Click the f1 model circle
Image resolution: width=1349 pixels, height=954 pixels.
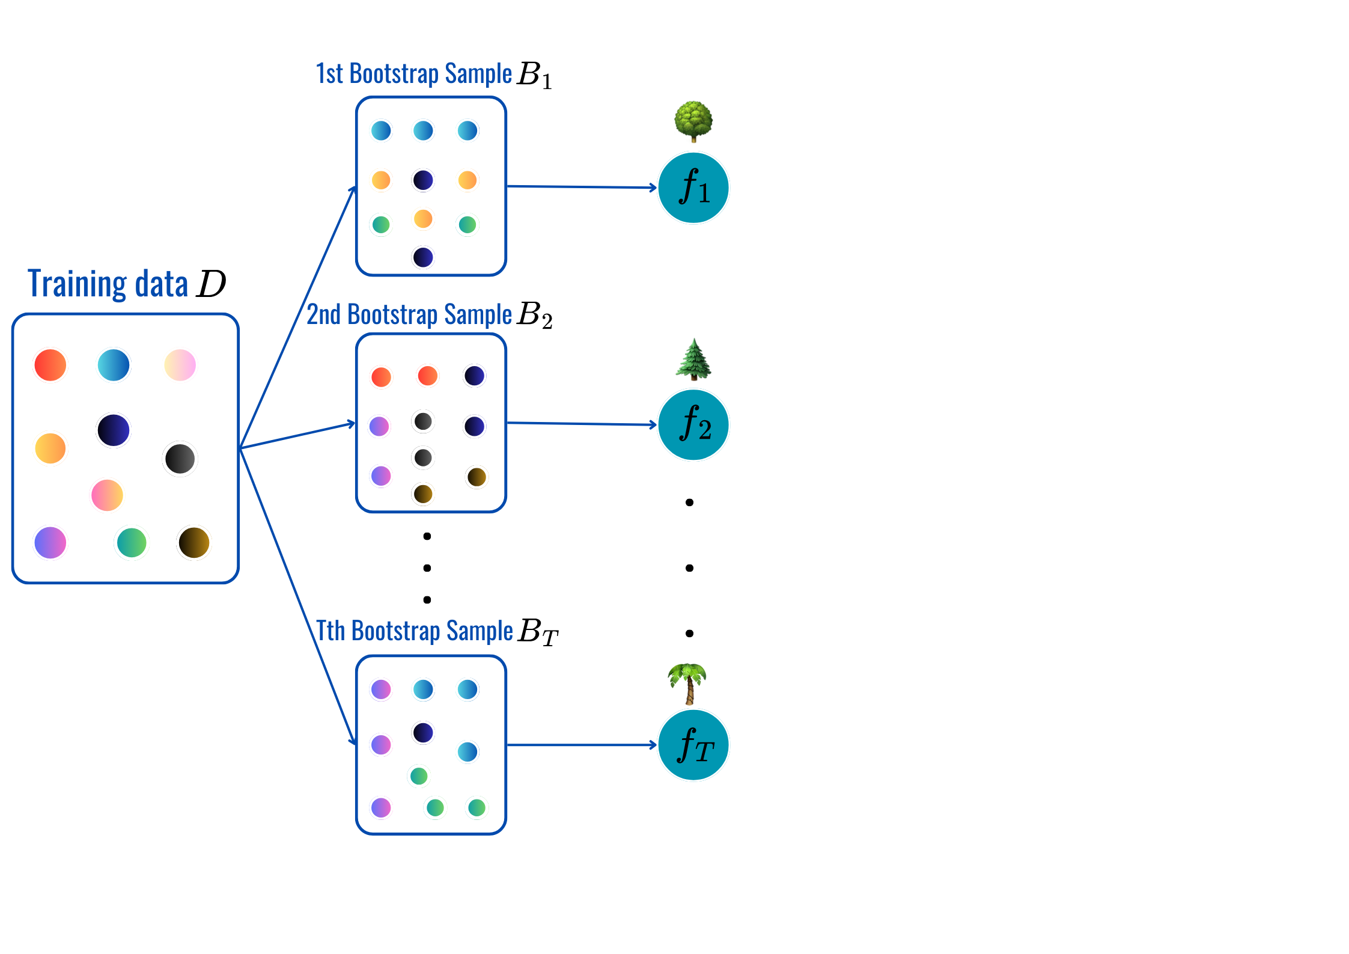point(693,188)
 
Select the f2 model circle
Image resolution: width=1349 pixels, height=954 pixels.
point(693,424)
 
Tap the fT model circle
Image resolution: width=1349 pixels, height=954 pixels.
point(693,745)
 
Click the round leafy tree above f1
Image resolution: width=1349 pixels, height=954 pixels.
point(693,121)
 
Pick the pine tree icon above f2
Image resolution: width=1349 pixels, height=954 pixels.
point(693,359)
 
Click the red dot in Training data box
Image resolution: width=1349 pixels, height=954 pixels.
point(50,365)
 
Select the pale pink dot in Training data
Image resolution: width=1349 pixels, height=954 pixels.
point(180,365)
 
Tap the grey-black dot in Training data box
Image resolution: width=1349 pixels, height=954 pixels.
point(180,459)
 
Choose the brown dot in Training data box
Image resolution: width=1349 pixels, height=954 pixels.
point(193,542)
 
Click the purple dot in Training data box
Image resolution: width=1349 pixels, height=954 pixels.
point(50,542)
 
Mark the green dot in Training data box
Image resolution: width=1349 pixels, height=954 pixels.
point(132,542)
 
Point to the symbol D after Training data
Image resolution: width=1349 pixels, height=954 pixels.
point(211,284)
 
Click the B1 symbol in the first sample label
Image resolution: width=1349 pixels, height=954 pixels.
point(534,75)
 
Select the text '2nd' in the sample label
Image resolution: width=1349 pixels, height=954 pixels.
point(323,314)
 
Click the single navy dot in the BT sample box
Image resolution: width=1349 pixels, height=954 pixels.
point(423,732)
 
